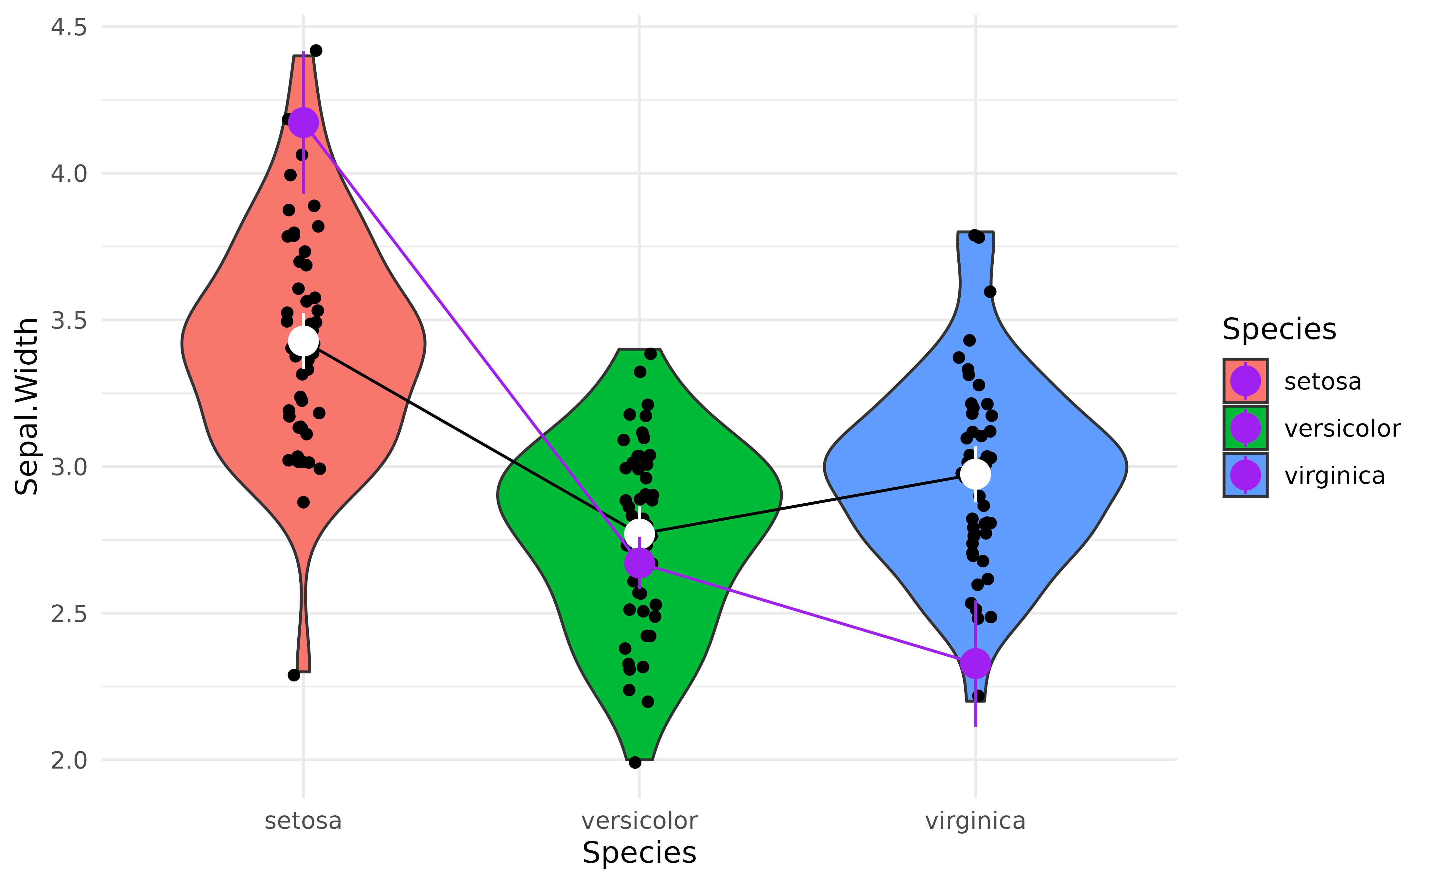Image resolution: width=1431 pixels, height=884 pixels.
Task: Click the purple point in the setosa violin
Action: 304,123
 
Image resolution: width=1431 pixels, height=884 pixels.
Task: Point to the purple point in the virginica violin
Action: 976,664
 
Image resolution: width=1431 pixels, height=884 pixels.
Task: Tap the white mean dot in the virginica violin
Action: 976,474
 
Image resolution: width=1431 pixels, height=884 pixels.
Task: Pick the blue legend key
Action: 1245,475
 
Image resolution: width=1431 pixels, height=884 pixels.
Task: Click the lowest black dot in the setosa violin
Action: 304,502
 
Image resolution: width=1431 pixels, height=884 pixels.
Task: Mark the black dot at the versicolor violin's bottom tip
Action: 635,762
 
